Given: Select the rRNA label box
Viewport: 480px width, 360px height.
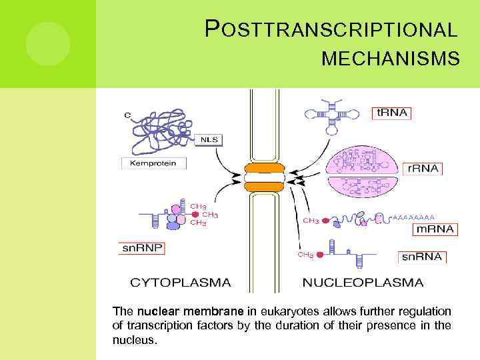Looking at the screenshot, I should pyautogui.click(x=423, y=168).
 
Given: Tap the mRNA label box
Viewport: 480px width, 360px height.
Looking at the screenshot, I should pyautogui.click(x=435, y=229).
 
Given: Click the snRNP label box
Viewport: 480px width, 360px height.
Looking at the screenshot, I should pyautogui.click(x=142, y=248).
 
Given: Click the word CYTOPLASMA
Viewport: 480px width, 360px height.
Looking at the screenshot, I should pyautogui.click(x=180, y=282).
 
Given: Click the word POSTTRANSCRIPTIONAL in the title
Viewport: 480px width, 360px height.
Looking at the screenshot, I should pyautogui.click(x=331, y=30).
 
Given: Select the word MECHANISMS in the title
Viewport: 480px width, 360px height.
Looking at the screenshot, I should pyautogui.click(x=390, y=60).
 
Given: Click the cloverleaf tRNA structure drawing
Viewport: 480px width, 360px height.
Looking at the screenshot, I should pyautogui.click(x=331, y=113).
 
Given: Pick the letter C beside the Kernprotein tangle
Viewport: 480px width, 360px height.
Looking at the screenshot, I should pyautogui.click(x=127, y=115).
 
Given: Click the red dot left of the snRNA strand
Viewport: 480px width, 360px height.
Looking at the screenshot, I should pyautogui.click(x=320, y=254).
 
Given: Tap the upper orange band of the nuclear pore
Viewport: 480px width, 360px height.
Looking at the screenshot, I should pyautogui.click(x=264, y=167).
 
